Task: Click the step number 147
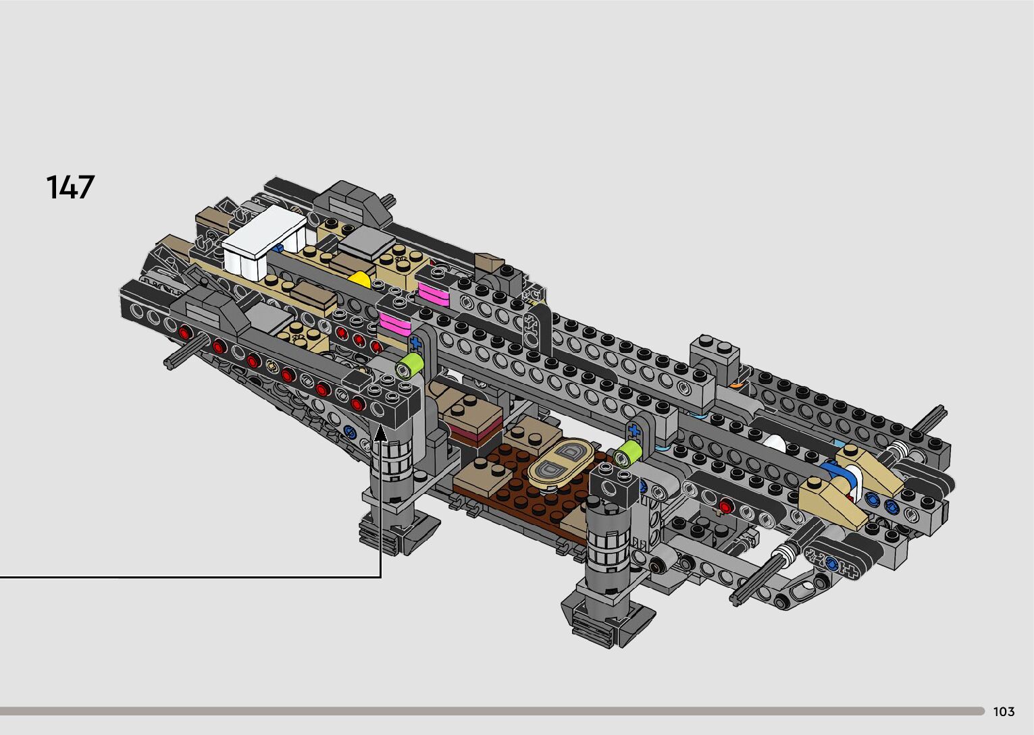pos(70,187)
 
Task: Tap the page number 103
pos(1004,711)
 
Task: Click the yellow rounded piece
pos(359,279)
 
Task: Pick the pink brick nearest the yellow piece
pos(434,294)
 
